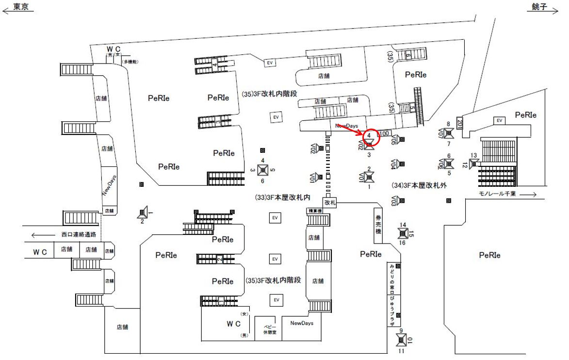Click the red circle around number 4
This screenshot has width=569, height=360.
pos(369,136)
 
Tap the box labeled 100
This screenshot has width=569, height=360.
pos(384,133)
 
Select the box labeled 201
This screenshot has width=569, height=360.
pos(460,123)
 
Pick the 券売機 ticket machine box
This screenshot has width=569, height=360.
pos(378,226)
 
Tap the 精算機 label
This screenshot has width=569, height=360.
pos(314,211)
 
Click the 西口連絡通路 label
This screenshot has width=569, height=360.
pos(79,235)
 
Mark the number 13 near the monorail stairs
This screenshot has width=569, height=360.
pos(474,156)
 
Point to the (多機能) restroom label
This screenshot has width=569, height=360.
pos(131,62)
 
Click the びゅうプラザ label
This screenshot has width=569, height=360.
pos(392,311)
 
